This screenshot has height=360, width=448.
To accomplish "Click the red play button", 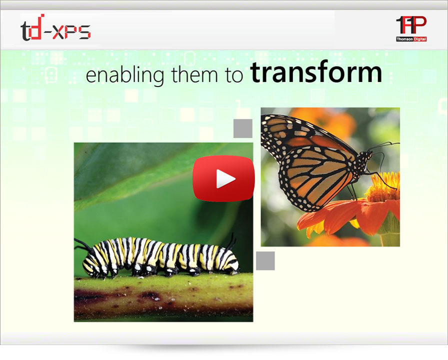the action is (x=223, y=178).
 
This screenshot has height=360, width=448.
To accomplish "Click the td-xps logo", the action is (x=55, y=27).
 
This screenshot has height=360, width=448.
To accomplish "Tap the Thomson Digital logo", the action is (x=411, y=28).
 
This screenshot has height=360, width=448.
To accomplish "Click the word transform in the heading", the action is (x=316, y=73).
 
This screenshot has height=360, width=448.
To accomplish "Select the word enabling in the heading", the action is (x=125, y=75).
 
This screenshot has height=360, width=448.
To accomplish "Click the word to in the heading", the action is (x=234, y=75).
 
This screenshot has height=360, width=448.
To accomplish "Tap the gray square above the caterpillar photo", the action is (x=243, y=128).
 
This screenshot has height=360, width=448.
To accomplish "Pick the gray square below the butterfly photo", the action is (x=265, y=261).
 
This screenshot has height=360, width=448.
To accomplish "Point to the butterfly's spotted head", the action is (x=365, y=159).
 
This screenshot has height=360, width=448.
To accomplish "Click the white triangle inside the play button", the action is (x=225, y=179).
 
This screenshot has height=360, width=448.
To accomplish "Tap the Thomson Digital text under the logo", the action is (x=411, y=39).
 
